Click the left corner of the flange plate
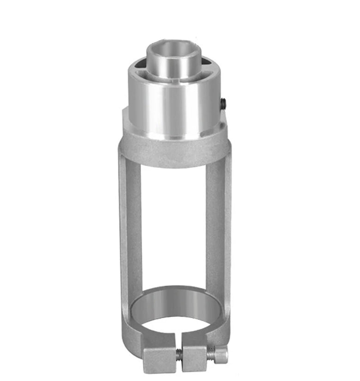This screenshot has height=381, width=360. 125,115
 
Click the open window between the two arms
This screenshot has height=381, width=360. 173,222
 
